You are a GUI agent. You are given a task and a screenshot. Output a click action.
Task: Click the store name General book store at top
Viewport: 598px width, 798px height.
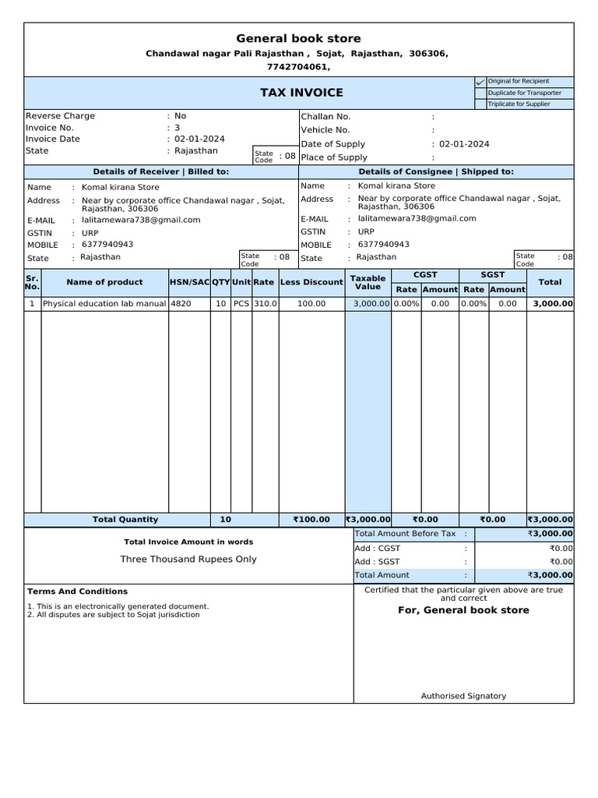pos(299,39)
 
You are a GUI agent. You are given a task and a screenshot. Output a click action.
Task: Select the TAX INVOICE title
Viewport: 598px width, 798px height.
pos(301,93)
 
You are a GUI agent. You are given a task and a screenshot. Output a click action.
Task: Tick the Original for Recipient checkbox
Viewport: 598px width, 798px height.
pos(480,82)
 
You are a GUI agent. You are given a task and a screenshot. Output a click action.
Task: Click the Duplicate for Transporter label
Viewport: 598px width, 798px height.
pos(524,93)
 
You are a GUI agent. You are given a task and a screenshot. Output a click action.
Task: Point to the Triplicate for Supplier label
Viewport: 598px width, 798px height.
pos(519,104)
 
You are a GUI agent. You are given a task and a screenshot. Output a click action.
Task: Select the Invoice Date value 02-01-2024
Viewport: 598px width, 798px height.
pos(199,139)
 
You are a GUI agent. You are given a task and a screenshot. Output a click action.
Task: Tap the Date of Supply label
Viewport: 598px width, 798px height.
pos(332,144)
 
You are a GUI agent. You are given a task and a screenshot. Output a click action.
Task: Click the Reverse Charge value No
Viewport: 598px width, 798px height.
pos(181,116)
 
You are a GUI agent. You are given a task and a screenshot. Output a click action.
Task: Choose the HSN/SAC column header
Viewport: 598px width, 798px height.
pos(189,282)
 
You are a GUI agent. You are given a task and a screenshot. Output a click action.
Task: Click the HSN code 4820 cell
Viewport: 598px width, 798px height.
pos(181,304)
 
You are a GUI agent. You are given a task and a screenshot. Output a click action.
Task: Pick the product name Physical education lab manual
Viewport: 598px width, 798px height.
pos(104,304)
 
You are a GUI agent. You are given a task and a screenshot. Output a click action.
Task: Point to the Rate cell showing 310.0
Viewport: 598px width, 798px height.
pos(265,304)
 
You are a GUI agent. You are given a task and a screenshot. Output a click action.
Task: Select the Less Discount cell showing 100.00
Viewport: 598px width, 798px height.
pos(311,304)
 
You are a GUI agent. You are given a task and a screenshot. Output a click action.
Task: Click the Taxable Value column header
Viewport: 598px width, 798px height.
pos(368,282)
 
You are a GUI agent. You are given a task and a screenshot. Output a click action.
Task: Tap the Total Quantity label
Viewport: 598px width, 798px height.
pos(125,520)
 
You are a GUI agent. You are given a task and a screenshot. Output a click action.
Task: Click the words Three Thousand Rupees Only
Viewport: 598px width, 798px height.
pos(188,560)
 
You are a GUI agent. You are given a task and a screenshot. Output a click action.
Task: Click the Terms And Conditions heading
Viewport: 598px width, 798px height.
pos(77,591)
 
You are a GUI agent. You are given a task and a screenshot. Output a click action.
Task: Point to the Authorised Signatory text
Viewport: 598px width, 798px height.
pos(463,696)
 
